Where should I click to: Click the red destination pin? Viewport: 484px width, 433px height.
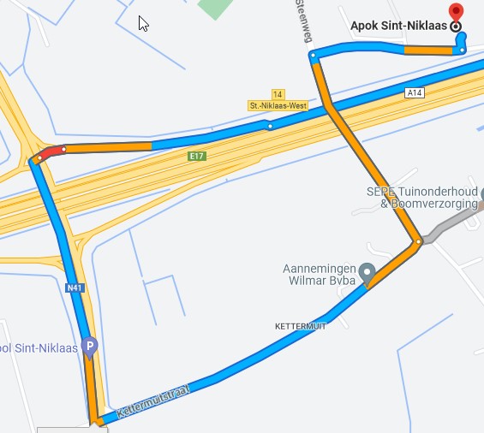456,12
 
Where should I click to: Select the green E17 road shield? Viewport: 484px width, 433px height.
198,157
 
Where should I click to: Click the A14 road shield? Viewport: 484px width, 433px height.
415,92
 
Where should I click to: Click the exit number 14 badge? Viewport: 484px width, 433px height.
277,93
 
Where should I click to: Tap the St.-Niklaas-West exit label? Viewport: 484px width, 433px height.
278,105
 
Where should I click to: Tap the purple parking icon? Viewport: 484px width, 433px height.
90,347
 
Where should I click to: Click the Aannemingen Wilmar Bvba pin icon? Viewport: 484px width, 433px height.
367,273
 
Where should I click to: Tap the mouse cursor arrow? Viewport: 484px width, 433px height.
143,22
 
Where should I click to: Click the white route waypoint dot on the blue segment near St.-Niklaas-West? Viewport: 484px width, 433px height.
270,127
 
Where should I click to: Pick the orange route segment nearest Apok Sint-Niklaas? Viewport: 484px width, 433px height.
428,50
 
